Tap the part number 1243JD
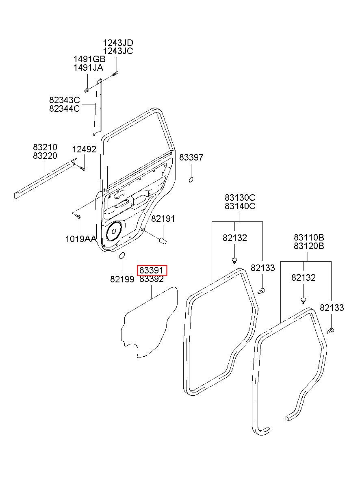click(x=118, y=43)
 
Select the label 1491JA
click(x=88, y=68)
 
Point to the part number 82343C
click(x=64, y=100)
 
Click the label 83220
click(x=45, y=156)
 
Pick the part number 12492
click(x=84, y=150)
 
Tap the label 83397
click(x=191, y=157)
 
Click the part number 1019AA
click(x=80, y=239)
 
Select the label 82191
click(x=163, y=219)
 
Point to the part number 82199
click(x=122, y=279)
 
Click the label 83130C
click(x=240, y=198)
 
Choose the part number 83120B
click(x=309, y=246)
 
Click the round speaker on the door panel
click(x=114, y=231)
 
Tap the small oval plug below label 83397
click(x=191, y=180)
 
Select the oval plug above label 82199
click(x=121, y=256)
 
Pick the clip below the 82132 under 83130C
click(x=234, y=261)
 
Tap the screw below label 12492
click(x=82, y=169)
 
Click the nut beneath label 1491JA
click(x=87, y=90)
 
